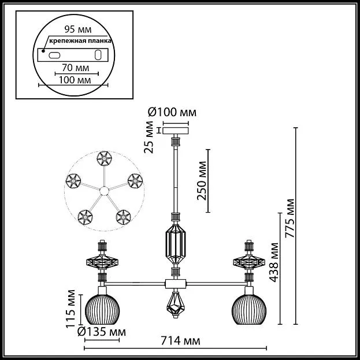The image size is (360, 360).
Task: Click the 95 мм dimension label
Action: [78, 29]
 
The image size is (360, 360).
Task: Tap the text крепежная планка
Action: [80, 41]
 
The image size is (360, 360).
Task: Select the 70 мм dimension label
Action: [76, 68]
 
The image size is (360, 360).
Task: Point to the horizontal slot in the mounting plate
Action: [54, 55]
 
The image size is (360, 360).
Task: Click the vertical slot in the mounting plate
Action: [98, 55]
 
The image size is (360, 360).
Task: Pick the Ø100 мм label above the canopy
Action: [172, 113]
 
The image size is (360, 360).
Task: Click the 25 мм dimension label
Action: [149, 137]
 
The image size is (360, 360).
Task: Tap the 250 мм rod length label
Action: [202, 181]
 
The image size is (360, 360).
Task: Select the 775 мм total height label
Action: [290, 218]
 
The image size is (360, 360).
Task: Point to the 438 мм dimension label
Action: [274, 262]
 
